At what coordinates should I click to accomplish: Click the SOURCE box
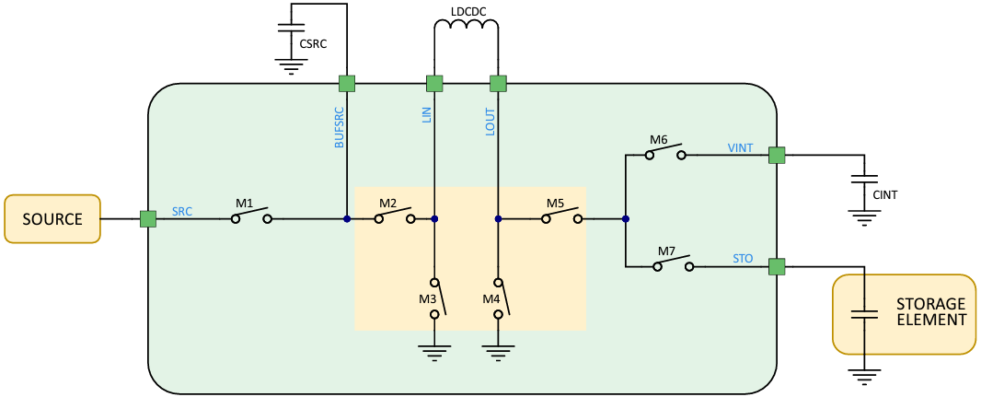[x=52, y=218]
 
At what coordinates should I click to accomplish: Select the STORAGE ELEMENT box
[x=904, y=313]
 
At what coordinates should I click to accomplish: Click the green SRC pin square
[x=147, y=218]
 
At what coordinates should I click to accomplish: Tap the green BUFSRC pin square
[x=347, y=84]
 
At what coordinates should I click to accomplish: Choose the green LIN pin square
[x=434, y=84]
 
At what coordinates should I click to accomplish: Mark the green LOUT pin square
[x=498, y=84]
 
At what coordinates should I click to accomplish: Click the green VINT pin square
[x=777, y=155]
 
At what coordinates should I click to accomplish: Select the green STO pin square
[x=777, y=266]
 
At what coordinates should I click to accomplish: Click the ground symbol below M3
[x=434, y=351]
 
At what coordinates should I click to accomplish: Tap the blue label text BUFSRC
[x=339, y=128]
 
